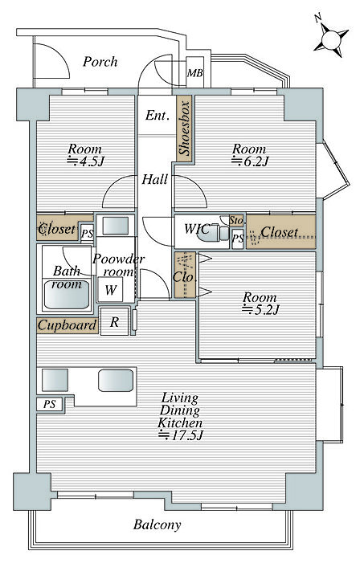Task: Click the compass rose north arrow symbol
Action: [x=331, y=39]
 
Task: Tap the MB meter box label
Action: [x=194, y=73]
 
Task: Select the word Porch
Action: [x=100, y=62]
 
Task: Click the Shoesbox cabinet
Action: [x=184, y=128]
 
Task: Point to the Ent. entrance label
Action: [x=157, y=116]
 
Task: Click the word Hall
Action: [x=155, y=179]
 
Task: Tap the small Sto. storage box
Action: [x=237, y=220]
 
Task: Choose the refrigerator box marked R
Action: [x=114, y=321]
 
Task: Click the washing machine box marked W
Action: [x=110, y=289]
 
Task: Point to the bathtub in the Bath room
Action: [x=67, y=295]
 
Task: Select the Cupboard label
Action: [x=67, y=325]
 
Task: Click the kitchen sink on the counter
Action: [x=116, y=380]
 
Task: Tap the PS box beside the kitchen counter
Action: [x=50, y=404]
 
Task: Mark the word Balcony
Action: [x=157, y=525]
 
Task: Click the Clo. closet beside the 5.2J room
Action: [x=185, y=275]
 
